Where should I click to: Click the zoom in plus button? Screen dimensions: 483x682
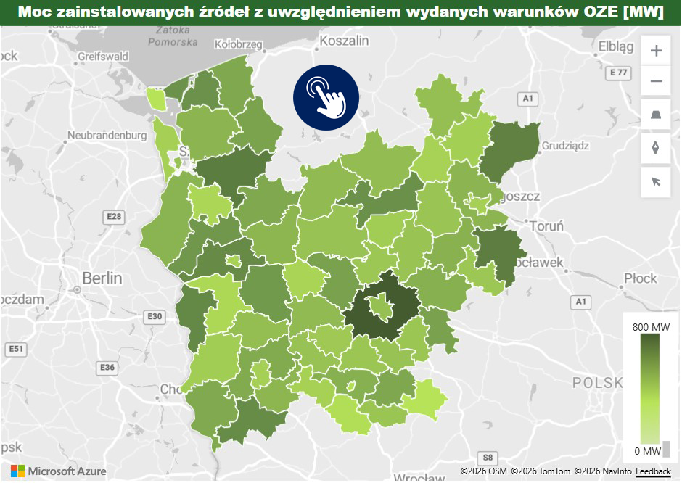coord(656,51)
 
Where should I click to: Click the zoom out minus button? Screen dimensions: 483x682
coord(656,81)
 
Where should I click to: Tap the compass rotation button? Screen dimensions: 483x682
coord(656,148)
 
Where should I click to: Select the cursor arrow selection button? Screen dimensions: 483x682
coord(656,181)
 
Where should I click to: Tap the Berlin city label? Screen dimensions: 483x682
coord(102,278)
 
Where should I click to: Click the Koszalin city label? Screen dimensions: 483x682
coord(345,41)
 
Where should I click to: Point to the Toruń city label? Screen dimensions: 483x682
coord(546,226)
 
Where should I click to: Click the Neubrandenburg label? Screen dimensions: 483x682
coord(107,135)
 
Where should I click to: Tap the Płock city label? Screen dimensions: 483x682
coord(640,278)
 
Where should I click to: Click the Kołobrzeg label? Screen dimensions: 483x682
coord(238,44)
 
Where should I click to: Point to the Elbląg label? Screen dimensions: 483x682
coord(616,46)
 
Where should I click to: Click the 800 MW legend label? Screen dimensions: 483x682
coord(651,327)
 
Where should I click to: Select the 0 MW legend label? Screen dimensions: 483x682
coord(647,451)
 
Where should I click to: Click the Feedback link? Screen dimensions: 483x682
coord(653,472)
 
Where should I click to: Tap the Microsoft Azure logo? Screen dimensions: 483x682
coord(58,471)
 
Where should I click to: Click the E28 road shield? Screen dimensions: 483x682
coord(114,216)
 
